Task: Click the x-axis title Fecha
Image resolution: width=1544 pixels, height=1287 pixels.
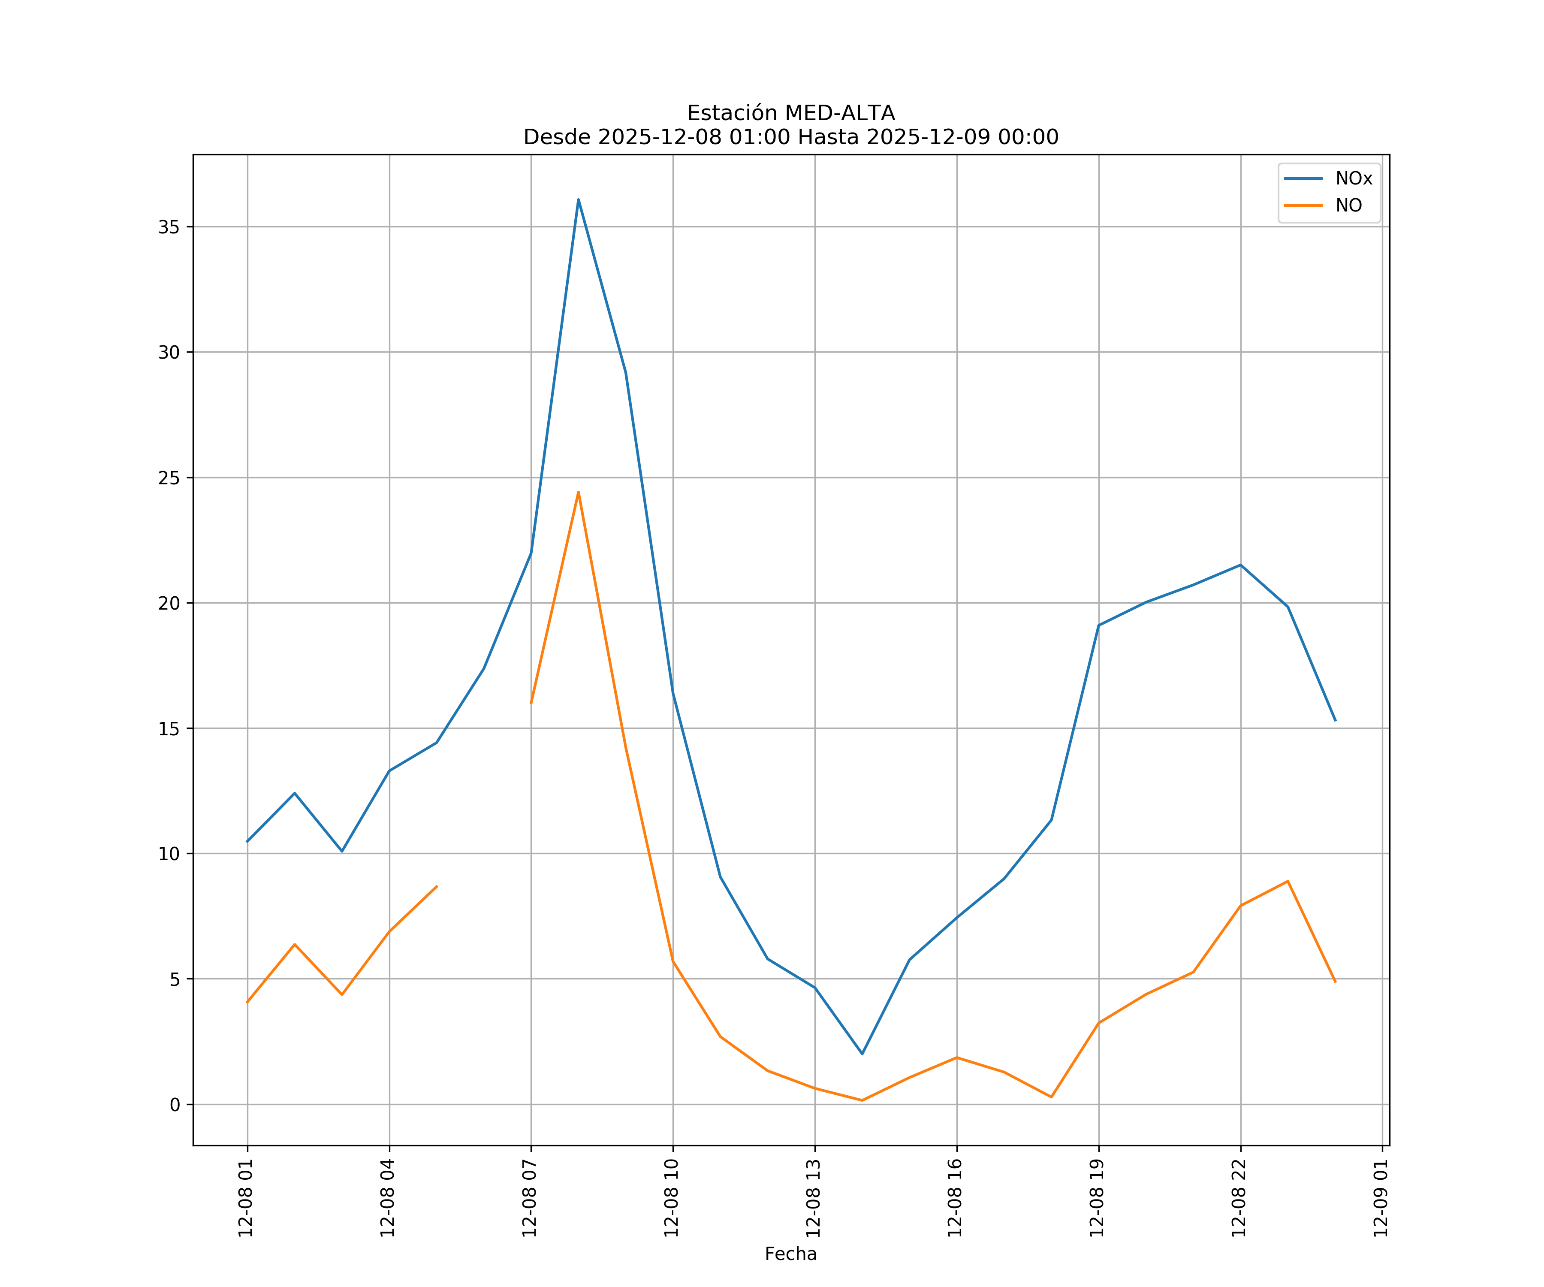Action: tap(790, 1254)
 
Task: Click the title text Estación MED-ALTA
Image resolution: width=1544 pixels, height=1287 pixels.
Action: tap(790, 113)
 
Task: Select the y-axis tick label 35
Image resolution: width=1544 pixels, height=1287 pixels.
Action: tap(169, 227)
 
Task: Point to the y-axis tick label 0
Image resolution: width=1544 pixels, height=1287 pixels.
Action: tap(174, 1105)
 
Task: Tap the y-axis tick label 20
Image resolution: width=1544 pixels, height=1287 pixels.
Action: tap(169, 603)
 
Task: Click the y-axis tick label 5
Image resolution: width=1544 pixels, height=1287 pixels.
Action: tap(174, 979)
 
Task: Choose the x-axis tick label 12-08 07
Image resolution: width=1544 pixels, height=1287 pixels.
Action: tap(530, 1197)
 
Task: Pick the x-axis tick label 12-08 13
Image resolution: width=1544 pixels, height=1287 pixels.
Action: tap(814, 1197)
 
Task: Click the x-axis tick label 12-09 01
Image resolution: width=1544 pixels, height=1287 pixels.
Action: tap(1381, 1197)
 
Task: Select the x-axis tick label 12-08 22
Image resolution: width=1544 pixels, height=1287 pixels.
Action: tap(1239, 1197)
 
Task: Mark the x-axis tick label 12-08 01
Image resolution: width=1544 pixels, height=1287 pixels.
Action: tap(246, 1197)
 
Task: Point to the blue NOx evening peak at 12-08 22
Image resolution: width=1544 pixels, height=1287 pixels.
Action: tap(1240, 565)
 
